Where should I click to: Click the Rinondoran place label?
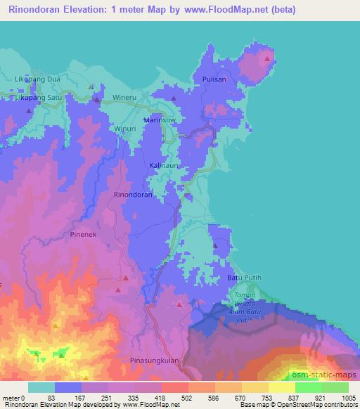point(132,193)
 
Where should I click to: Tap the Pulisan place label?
point(214,79)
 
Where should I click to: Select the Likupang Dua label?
point(38,79)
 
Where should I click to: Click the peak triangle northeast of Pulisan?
point(266,59)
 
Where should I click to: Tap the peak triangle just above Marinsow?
point(173,98)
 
